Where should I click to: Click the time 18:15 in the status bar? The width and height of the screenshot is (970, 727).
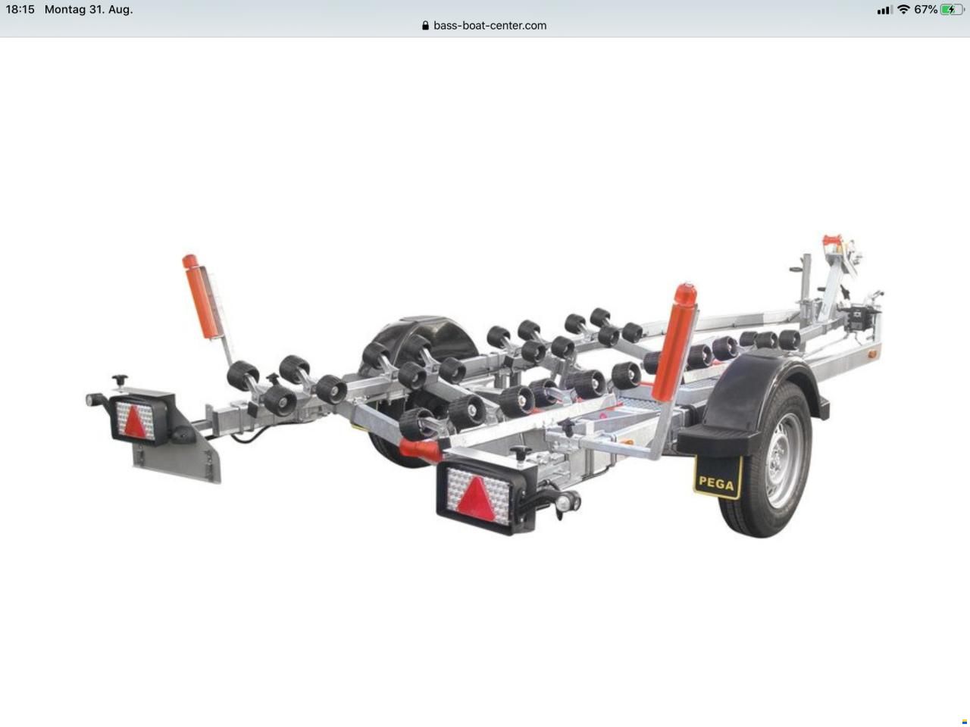[20, 9]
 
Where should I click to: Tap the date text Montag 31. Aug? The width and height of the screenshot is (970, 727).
[89, 9]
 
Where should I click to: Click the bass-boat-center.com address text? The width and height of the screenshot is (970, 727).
[490, 26]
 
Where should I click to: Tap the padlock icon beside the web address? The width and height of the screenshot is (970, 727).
[425, 25]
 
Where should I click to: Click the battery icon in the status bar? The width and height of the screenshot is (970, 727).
[952, 10]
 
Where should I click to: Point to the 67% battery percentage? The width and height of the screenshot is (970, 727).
[926, 10]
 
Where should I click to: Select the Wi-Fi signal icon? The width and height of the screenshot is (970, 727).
[904, 9]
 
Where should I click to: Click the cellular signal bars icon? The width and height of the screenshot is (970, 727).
[884, 10]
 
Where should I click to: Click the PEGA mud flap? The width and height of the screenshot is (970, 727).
[718, 478]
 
